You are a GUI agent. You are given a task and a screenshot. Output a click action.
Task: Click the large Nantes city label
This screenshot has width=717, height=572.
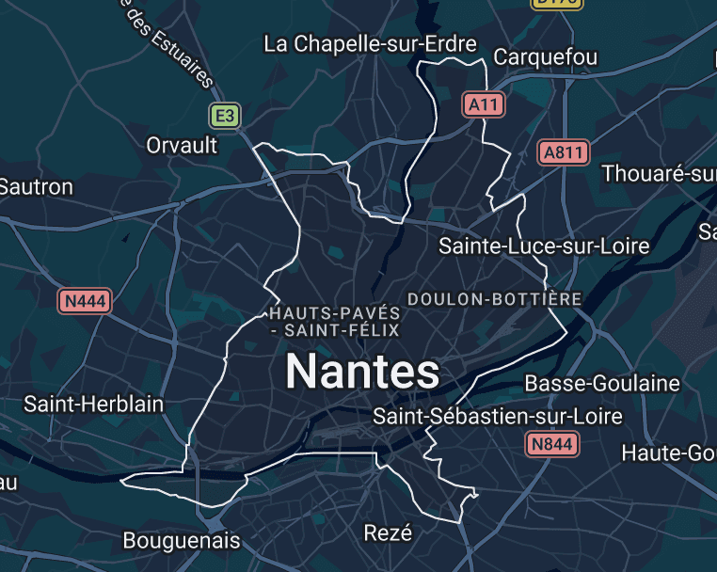[x=362, y=372]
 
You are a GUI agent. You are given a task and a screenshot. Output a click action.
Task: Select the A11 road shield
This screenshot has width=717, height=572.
[x=484, y=105]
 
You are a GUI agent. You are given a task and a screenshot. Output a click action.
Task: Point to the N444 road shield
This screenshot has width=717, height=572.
[x=85, y=302]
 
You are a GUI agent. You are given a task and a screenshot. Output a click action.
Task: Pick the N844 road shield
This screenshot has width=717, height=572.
[x=551, y=444]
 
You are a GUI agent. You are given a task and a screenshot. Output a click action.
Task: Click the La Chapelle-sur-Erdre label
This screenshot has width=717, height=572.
[x=370, y=43]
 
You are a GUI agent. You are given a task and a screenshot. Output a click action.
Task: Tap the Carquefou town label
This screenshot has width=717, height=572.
[x=546, y=56]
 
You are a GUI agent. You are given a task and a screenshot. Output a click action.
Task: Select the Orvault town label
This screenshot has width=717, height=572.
[x=182, y=145]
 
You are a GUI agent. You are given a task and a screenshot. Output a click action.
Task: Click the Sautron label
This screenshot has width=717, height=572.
[x=36, y=186]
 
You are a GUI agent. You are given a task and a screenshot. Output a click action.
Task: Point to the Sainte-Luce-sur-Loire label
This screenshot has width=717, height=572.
[x=544, y=246]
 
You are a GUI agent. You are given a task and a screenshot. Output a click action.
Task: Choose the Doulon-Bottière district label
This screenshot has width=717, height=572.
[x=494, y=298]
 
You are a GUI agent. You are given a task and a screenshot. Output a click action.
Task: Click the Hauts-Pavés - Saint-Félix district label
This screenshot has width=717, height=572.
[x=334, y=321]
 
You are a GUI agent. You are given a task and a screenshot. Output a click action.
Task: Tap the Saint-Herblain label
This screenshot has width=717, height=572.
[x=93, y=405]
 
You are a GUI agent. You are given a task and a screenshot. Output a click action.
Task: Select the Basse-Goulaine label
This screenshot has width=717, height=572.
[x=602, y=383]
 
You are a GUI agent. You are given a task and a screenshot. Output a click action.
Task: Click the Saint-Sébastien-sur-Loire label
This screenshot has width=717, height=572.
[x=498, y=416]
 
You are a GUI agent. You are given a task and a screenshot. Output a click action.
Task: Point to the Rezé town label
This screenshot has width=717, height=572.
[x=388, y=533]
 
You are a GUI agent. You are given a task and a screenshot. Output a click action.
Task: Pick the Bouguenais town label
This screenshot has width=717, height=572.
[x=182, y=541]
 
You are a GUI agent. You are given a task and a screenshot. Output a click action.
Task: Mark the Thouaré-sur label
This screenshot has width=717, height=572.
[x=659, y=174]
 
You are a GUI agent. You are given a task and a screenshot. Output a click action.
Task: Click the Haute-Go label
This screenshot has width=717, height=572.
[x=669, y=453]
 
